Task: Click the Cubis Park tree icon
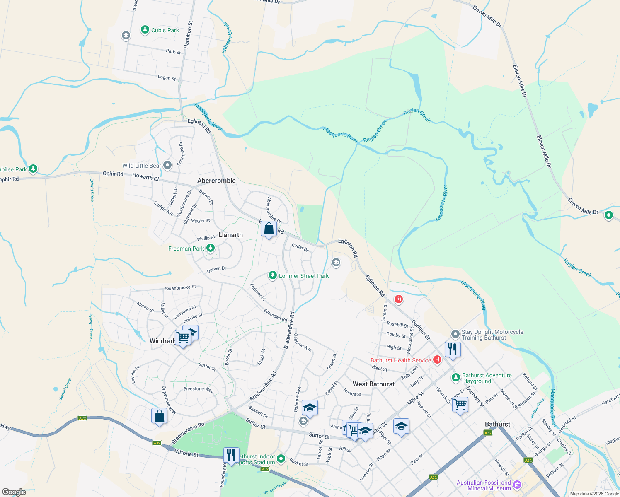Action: pyautogui.click(x=145, y=30)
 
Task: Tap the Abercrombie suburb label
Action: pyautogui.click(x=216, y=181)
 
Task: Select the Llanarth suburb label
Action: pyautogui.click(x=230, y=235)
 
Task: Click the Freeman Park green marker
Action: pyautogui.click(x=211, y=248)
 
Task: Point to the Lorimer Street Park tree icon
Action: pyautogui.click(x=272, y=275)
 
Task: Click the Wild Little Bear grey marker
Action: pyautogui.click(x=167, y=166)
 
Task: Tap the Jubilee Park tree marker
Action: pyautogui.click(x=33, y=169)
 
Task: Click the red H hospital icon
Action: pyautogui.click(x=437, y=360)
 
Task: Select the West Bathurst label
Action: pyautogui.click(x=373, y=384)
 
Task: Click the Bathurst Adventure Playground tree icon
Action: pyautogui.click(x=455, y=377)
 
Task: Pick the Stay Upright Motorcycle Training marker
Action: pyautogui.click(x=455, y=334)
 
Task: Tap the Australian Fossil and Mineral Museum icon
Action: pyautogui.click(x=517, y=485)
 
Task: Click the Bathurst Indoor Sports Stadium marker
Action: pyautogui.click(x=281, y=458)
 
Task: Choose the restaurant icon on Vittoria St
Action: pyautogui.click(x=231, y=455)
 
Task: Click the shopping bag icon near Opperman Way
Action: pyautogui.click(x=160, y=415)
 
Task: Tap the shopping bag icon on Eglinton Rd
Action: pyautogui.click(x=269, y=229)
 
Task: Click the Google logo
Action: pyautogui.click(x=14, y=492)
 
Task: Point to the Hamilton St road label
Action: pyautogui.click(x=189, y=35)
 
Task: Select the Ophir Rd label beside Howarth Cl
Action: pyautogui.click(x=113, y=174)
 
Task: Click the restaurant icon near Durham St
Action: pyautogui.click(x=453, y=349)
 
